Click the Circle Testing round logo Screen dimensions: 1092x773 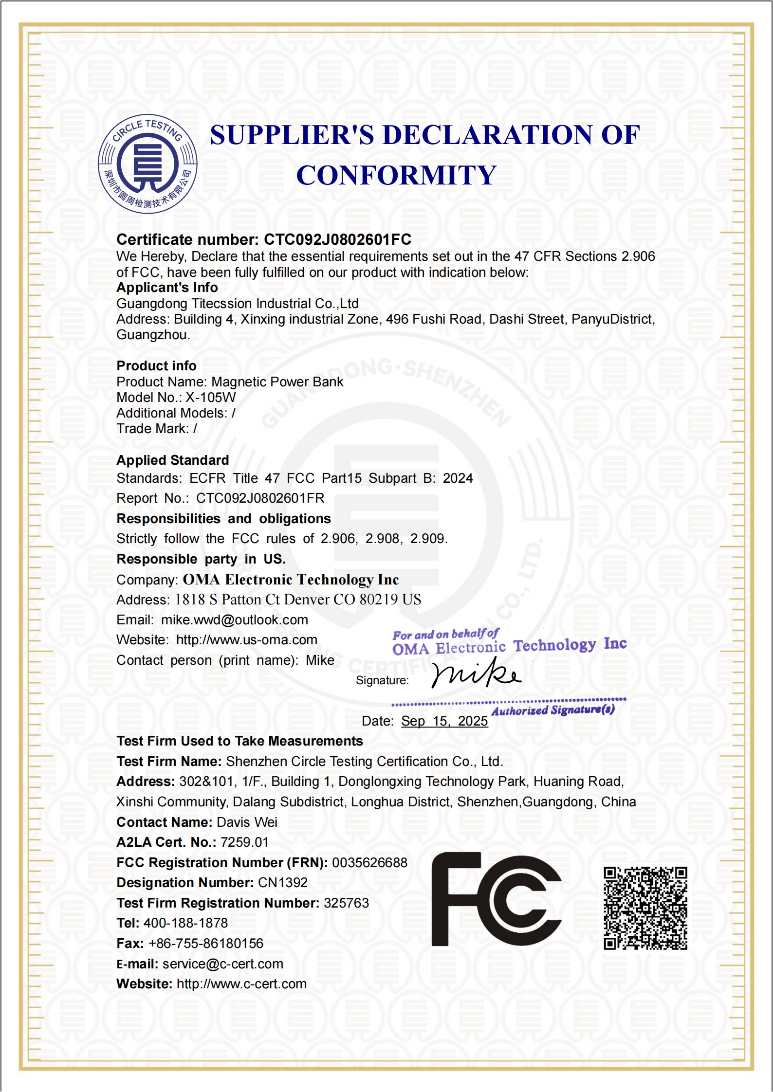click(147, 164)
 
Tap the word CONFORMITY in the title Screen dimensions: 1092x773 click(396, 175)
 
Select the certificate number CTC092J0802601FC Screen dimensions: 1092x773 click(337, 239)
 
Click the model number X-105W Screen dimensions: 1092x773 click(210, 398)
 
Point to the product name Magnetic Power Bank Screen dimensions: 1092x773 click(277, 382)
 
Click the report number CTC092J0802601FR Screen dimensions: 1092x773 click(260, 498)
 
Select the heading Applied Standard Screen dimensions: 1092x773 click(173, 460)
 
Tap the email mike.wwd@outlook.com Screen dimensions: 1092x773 click(235, 620)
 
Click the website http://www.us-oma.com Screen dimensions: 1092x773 click(246, 640)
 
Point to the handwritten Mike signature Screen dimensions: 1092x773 click(476, 674)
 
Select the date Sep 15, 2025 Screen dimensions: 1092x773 click(444, 721)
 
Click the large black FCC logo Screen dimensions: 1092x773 click(496, 900)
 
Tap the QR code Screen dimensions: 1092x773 click(645, 908)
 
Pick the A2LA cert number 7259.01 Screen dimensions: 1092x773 click(244, 842)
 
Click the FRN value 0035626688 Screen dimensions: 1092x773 click(369, 863)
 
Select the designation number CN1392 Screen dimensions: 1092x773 click(282, 883)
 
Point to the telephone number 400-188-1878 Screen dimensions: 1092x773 click(185, 923)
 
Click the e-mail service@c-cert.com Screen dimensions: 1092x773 click(222, 964)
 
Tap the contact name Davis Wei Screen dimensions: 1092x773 click(247, 822)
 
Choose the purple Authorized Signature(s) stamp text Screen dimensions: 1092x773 click(553, 710)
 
